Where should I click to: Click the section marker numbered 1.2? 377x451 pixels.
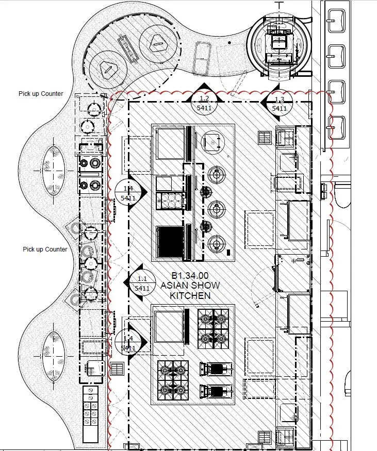205,103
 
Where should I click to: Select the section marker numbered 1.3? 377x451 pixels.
279,104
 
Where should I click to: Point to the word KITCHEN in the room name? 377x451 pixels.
190,295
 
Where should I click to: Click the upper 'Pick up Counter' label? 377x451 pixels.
41,94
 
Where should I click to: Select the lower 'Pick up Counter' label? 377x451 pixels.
45,249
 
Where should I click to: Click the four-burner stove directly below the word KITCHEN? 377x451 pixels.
213,326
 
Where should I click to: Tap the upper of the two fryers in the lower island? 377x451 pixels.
217,369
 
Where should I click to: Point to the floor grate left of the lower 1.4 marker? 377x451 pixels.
117,369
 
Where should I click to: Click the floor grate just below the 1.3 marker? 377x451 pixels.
265,137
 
